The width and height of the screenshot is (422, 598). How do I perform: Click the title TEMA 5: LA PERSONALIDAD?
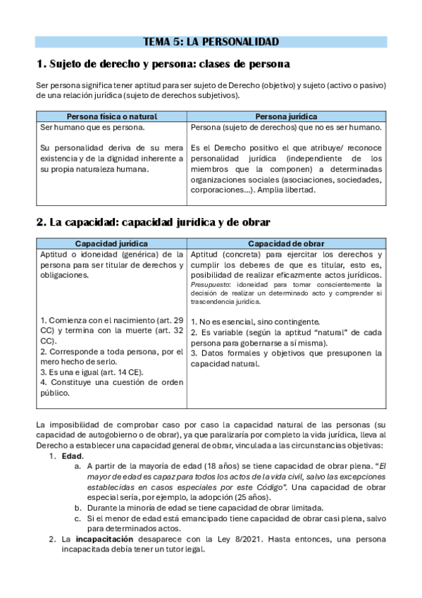[211, 42]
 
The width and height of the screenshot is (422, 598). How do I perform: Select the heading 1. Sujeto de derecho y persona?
[163, 64]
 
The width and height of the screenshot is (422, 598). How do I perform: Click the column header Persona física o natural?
[111, 116]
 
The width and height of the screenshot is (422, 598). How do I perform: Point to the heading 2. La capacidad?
[153, 222]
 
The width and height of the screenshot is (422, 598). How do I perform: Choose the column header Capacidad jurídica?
[111, 243]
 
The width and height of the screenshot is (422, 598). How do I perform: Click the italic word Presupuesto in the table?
[209, 284]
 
